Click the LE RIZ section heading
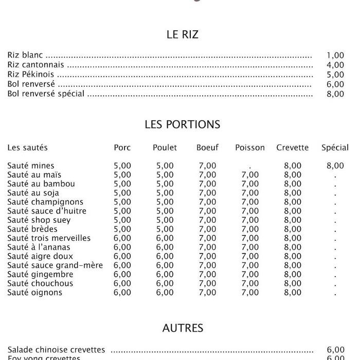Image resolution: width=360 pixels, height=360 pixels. [182, 35]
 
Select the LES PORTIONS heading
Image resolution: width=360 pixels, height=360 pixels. [182, 124]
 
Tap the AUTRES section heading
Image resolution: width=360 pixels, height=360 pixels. [183, 328]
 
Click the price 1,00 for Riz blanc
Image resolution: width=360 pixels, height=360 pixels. [335, 56]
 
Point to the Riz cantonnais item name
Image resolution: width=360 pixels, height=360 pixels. [36, 65]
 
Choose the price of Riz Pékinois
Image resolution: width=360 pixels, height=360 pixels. [335, 75]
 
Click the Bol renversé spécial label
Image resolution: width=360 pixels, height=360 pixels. [46, 94]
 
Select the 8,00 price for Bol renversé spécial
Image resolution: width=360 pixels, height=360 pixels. [335, 94]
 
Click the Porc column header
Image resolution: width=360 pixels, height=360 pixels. [122, 148]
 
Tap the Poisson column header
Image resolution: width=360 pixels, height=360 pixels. [250, 148]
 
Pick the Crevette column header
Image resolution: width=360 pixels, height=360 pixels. [293, 148]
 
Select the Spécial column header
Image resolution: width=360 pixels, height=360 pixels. [335, 148]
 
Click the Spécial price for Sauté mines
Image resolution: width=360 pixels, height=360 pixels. [335, 166]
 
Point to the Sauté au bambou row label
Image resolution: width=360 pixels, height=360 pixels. [41, 184]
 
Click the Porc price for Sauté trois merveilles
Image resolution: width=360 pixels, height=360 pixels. [122, 238]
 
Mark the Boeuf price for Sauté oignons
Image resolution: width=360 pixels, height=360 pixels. [207, 293]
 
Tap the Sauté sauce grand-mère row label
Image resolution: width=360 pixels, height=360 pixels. [55, 265]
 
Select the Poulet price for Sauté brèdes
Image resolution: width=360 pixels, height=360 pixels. [165, 229]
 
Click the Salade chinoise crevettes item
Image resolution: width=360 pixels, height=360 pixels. [56, 350]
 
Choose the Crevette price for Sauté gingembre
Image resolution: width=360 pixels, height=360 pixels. [293, 275]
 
